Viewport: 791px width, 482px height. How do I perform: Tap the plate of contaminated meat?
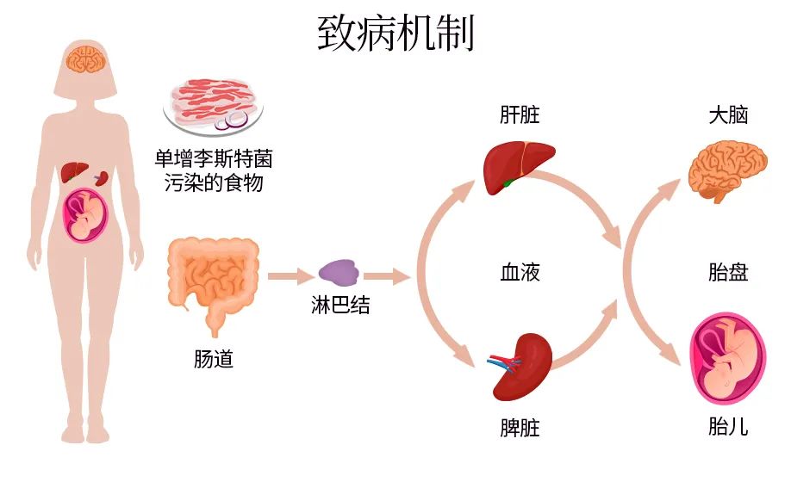pyautogui.click(x=213, y=105)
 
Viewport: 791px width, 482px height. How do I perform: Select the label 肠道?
pyautogui.click(x=213, y=359)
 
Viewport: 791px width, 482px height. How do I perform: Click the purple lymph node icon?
pyautogui.click(x=338, y=273)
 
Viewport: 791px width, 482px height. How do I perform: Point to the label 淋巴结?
pyautogui.click(x=340, y=305)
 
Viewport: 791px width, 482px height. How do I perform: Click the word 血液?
pyautogui.click(x=520, y=274)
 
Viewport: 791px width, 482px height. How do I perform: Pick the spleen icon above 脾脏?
pyautogui.click(x=520, y=365)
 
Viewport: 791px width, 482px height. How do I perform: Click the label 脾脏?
pyautogui.click(x=520, y=428)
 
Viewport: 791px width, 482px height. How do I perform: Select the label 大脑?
pyautogui.click(x=727, y=114)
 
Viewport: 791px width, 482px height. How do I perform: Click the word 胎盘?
pyautogui.click(x=727, y=274)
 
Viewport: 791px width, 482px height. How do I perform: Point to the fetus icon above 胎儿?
pyautogui.click(x=726, y=362)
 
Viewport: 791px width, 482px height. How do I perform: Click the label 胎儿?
pyautogui.click(x=727, y=428)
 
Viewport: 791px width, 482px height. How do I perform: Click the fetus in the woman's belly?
pyautogui.click(x=85, y=214)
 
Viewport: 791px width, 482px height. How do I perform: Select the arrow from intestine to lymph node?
pyautogui.click(x=290, y=276)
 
